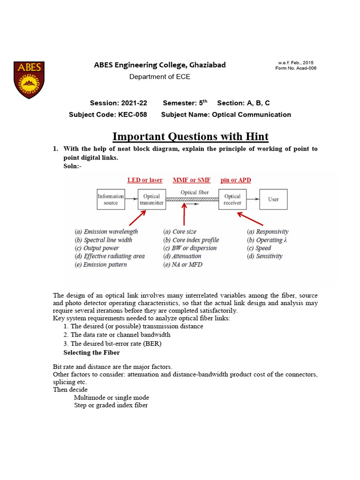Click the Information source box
(111, 199)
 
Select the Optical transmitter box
(151, 200)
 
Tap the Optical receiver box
(232, 200)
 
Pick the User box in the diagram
(273, 199)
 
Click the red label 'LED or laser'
(145, 180)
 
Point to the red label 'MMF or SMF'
(192, 180)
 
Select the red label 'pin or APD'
(235, 180)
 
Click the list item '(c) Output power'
(97, 248)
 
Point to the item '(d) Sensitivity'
(265, 256)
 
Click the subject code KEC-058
(128, 114)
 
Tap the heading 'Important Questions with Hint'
(190, 136)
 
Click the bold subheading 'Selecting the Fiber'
(91, 352)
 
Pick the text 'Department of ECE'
(160, 77)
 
